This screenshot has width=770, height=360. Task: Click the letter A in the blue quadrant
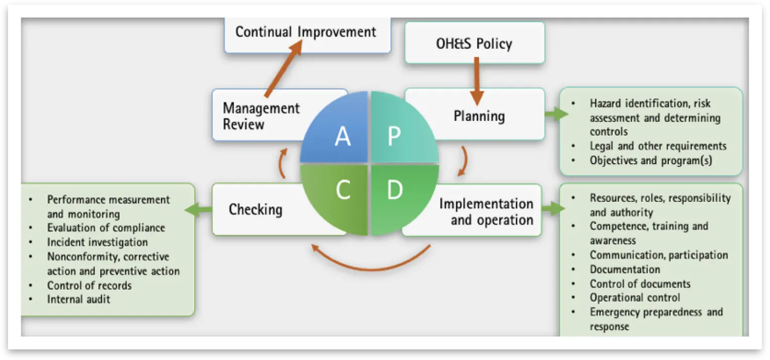[343, 136]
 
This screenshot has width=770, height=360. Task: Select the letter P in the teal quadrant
[394, 136]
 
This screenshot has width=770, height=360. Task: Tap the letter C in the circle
[343, 190]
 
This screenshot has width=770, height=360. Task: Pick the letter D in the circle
[395, 190]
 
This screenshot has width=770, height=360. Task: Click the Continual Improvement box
[306, 32]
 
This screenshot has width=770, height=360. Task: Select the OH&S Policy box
[474, 43]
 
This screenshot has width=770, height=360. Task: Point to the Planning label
[479, 116]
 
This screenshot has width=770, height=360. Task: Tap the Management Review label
[261, 116]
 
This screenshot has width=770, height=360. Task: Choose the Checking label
[255, 209]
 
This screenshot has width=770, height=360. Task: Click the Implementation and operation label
[486, 211]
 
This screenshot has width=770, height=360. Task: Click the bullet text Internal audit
[79, 299]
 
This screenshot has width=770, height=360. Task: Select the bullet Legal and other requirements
[658, 146]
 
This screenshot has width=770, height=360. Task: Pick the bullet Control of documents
[640, 283]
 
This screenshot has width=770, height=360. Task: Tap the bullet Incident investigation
[97, 242]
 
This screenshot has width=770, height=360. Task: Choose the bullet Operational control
[635, 298]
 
